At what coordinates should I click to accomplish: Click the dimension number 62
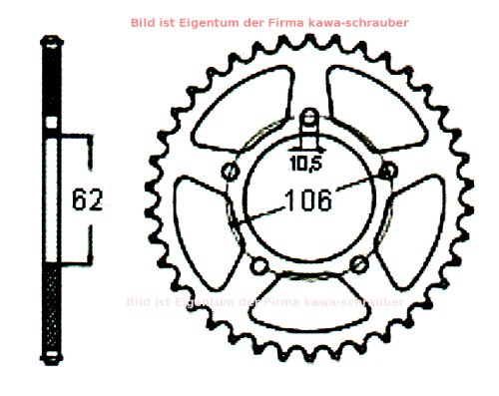87,199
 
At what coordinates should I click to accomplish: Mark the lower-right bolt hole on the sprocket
359,264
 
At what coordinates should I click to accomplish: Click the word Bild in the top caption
172,22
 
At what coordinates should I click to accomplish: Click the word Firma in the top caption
293,22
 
